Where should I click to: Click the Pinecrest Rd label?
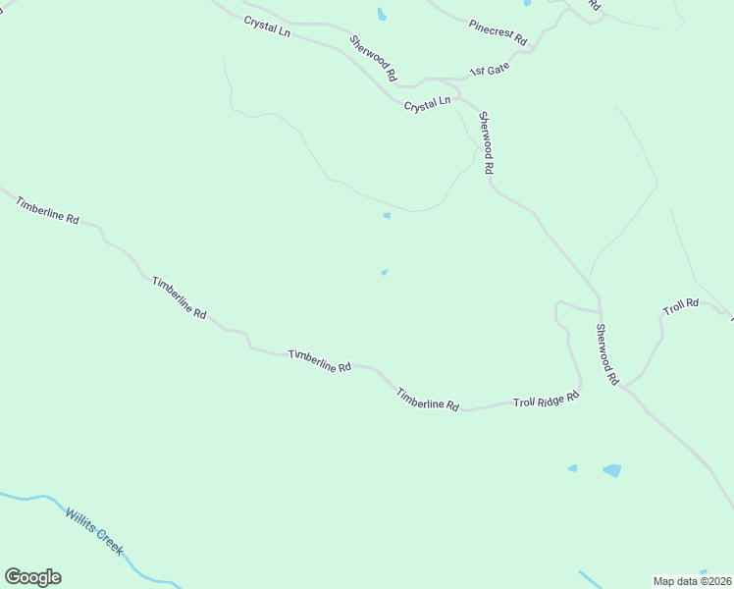(498, 33)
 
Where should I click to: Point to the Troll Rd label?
(680, 306)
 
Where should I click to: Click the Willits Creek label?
(94, 531)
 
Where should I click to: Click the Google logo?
(32, 577)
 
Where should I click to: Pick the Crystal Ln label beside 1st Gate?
(427, 103)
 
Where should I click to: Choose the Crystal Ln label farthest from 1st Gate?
(268, 27)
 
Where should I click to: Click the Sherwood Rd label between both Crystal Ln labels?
(374, 58)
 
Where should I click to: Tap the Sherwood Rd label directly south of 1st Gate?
(485, 142)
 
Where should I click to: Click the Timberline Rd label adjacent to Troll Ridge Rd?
(428, 399)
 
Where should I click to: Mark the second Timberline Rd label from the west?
(179, 296)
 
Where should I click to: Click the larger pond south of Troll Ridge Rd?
(611, 470)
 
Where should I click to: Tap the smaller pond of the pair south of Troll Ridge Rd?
(572, 468)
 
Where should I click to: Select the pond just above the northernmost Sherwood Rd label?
(381, 14)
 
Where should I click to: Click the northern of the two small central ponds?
(387, 216)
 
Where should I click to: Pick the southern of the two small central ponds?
(384, 273)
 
